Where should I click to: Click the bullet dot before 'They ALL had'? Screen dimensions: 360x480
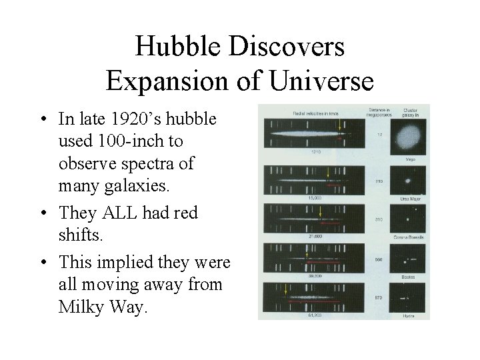(x=43, y=212)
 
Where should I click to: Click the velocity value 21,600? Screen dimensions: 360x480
(x=315, y=235)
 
